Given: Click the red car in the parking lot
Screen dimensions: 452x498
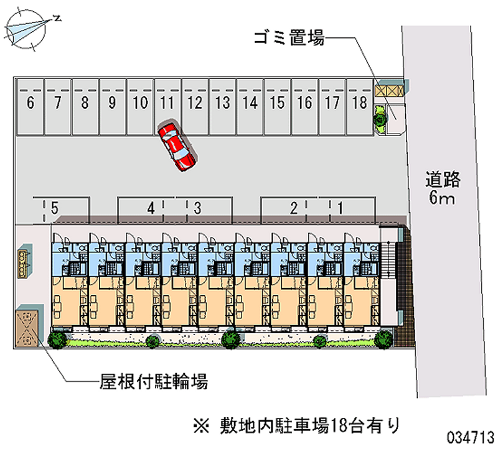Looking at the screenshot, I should tap(177, 145).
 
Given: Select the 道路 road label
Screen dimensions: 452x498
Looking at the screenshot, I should tap(443, 180).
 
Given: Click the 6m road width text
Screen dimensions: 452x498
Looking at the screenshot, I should tap(443, 199).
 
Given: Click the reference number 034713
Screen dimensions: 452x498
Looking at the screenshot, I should tap(469, 436).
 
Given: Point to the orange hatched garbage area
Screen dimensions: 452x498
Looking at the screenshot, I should tap(389, 90).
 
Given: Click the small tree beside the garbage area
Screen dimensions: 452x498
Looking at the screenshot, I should tap(378, 116).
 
